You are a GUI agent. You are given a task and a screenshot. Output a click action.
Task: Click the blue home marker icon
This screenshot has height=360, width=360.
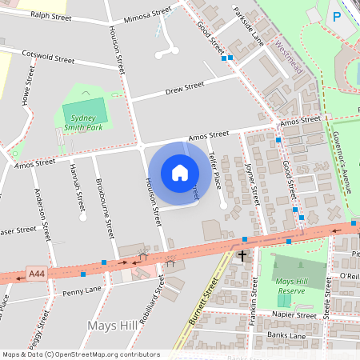click(179, 173)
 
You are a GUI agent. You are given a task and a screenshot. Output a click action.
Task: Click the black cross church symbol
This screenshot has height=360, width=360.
click(242, 256)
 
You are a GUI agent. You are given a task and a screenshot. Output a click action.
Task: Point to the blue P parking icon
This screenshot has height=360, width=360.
click(337, 15)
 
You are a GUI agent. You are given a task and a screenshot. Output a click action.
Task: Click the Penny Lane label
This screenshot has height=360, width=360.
click(82, 289)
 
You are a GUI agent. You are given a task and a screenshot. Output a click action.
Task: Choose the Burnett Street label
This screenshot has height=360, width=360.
click(206, 299)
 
